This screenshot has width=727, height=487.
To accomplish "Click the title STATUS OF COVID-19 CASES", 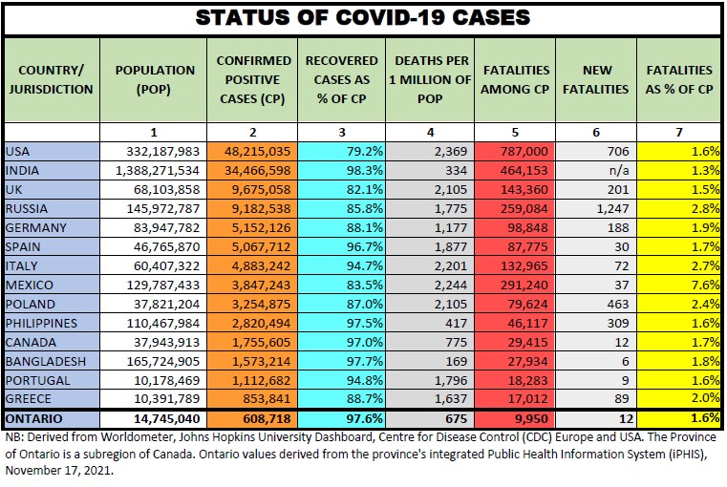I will click(x=362, y=18).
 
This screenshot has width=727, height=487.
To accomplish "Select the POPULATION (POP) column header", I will click(x=154, y=80).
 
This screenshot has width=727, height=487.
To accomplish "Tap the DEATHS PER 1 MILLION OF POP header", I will click(x=429, y=80).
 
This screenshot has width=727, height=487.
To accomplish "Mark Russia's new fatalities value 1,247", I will click(x=611, y=208).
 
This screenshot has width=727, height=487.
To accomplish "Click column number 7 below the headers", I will click(x=679, y=132).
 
